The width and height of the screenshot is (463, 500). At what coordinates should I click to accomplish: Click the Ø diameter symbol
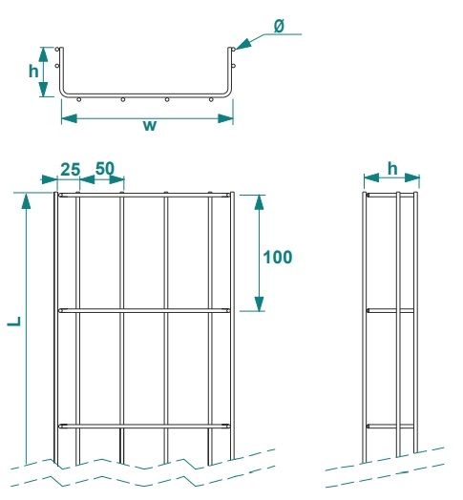pos(278,27)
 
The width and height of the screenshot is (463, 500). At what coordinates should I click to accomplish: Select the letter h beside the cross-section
pos(33,72)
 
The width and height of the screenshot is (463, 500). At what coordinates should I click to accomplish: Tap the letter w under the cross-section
pos(149,127)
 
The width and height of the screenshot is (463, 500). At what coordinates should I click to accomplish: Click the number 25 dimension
pos(70,169)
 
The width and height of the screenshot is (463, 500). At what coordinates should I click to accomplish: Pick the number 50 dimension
pos(104,169)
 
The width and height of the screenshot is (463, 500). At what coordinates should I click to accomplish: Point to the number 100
pos(276,256)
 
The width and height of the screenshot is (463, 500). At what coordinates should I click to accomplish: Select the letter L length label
pos(14,323)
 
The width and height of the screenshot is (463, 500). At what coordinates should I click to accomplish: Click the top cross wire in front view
pos(143,196)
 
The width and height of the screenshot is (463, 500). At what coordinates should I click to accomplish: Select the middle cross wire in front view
pos(143,310)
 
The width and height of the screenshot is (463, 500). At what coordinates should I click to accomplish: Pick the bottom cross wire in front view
pos(143,425)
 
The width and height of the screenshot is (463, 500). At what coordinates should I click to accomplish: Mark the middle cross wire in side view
pos(390,310)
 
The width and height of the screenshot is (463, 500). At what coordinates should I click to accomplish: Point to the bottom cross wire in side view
pos(390,425)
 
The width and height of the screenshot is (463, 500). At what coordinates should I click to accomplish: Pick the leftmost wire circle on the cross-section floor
pos(78,99)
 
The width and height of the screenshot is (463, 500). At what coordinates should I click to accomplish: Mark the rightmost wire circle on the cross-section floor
pos(212,99)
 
